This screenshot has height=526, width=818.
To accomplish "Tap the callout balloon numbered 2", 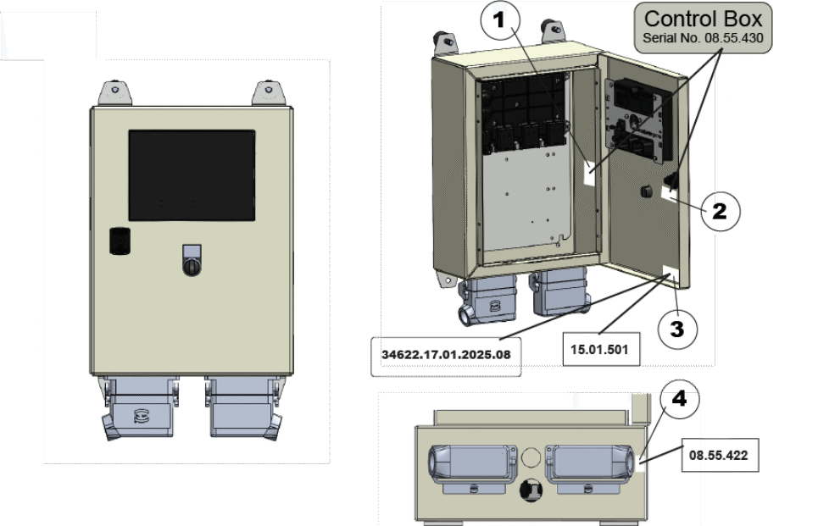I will pos(720,210).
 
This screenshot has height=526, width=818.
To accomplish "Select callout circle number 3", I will pos(676,329).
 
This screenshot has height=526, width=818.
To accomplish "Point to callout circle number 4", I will pos(679,399).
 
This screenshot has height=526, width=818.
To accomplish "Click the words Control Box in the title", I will pos(703,19).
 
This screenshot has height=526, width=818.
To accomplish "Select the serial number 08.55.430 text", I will pos(703,39).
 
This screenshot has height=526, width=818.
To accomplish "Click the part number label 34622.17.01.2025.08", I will pos(446,354).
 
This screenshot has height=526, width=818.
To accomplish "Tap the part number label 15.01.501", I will pos(600,348).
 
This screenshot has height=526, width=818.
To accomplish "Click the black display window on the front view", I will pos(192,175).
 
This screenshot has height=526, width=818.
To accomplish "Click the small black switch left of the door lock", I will pos(120,241).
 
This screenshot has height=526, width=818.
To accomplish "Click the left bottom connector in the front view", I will pos(141,409).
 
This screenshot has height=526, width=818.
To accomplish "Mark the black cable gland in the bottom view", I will pos(531,490).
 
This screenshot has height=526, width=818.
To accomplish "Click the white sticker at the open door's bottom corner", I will pos(669,275).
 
